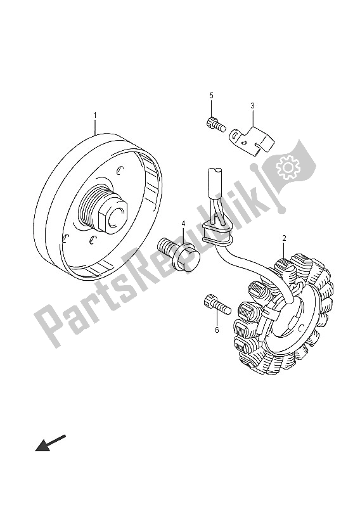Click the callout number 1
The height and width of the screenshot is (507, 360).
[x=95, y=115]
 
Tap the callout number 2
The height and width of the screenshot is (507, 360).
[x=284, y=239]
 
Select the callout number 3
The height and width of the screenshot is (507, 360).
[x=252, y=105]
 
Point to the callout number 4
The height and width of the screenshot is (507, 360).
[x=183, y=224]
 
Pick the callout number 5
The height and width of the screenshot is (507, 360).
[x=211, y=96]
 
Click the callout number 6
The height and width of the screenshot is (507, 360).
[x=217, y=330]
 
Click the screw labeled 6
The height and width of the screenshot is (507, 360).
[x=217, y=305]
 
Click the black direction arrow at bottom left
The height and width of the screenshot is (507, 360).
[x=50, y=442]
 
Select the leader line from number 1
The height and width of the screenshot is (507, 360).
[x=95, y=127]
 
